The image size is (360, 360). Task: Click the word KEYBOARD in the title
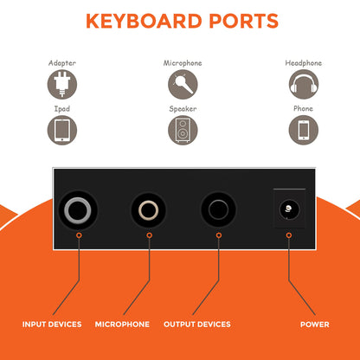coord(144,21)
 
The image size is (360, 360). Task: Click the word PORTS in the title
coord(243,21)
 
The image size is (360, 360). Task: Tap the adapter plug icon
coord(62,84)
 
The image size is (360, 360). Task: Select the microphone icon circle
coord(183,84)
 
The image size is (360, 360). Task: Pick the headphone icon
coord(304,84)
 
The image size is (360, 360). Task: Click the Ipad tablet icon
coord(62,130)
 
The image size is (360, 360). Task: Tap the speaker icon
coord(183,130)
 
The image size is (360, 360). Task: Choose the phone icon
coord(304,130)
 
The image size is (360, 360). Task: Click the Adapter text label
coord(62,63)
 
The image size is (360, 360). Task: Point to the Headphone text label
coord(304,63)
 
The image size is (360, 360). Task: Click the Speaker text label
coord(183,109)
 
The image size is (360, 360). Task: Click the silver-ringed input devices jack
coord(78,210)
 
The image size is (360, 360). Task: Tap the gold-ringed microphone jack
coord(149,210)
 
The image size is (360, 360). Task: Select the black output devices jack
coord(218,210)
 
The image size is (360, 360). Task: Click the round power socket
coord(289,209)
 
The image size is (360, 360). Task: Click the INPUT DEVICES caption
coord(52,325)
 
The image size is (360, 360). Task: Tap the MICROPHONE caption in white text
coord(122,325)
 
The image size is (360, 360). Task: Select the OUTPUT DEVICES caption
coord(197,325)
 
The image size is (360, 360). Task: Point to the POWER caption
coord(315,325)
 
